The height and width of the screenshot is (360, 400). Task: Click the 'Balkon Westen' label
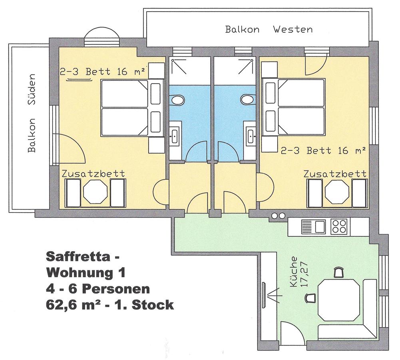pos(269,29)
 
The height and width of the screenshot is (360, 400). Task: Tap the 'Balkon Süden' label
pos(32,113)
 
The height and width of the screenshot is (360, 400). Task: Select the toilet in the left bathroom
pos(177,100)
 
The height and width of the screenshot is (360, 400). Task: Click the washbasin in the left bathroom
pos(175,136)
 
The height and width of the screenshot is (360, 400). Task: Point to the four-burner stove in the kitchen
pos(339,226)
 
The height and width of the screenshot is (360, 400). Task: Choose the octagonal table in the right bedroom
pos(337,192)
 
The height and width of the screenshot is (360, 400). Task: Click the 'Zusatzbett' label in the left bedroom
pos(94,174)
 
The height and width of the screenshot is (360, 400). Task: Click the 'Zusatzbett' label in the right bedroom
pos(335,174)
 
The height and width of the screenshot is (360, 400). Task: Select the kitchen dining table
pos(339,300)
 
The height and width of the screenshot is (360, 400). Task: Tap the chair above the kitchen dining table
pos(338,272)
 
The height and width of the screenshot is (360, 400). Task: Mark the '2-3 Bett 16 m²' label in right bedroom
pos(323,151)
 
